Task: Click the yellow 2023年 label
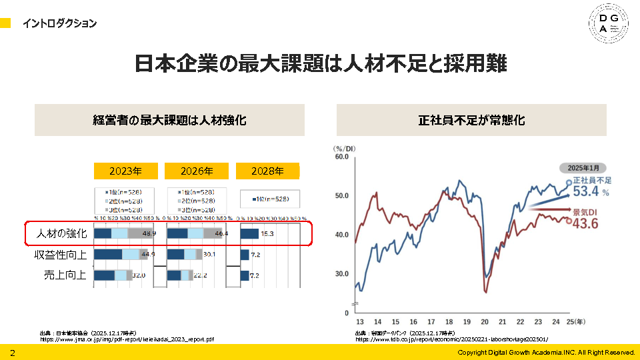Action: click(x=126, y=171)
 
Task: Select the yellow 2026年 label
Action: click(x=197, y=171)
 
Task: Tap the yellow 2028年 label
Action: click(x=267, y=171)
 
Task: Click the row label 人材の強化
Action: click(x=61, y=234)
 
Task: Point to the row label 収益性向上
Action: click(x=61, y=255)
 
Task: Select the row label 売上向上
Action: click(x=65, y=275)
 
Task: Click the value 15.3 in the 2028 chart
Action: click(x=267, y=234)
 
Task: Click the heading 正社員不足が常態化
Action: click(x=471, y=121)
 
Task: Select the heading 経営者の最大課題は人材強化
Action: click(x=169, y=121)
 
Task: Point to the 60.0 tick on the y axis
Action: click(x=341, y=157)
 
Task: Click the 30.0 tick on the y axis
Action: click(x=341, y=274)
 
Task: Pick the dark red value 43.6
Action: click(x=585, y=223)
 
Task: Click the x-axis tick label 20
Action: click(x=485, y=320)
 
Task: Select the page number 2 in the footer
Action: click(x=12, y=352)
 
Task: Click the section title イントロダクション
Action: click(x=59, y=24)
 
